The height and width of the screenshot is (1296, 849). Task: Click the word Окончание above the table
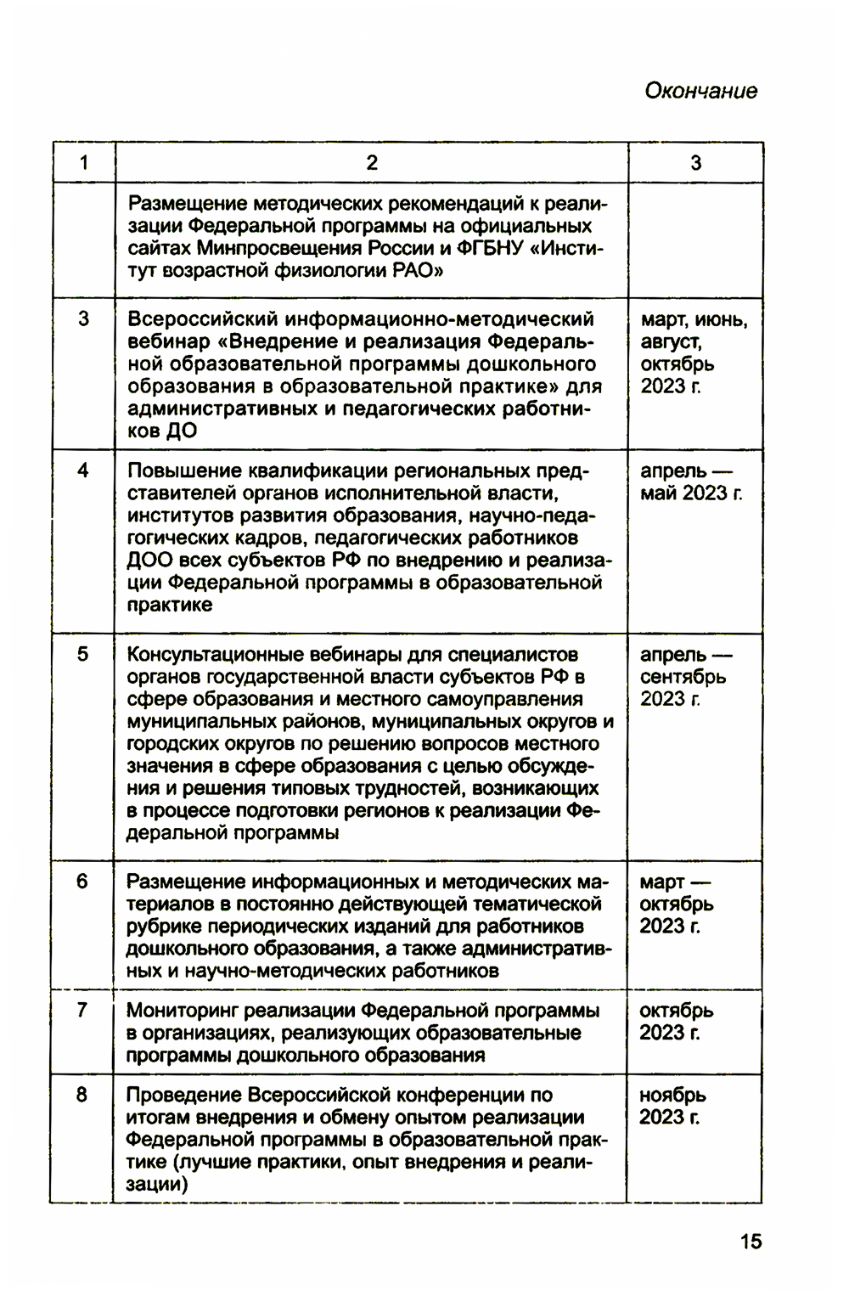coord(700,91)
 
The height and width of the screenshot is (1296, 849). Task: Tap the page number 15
coord(751,1242)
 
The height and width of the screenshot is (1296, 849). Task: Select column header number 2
coord(372,163)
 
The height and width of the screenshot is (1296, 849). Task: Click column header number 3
coord(696,163)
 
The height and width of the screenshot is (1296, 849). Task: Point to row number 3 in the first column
coord(83,319)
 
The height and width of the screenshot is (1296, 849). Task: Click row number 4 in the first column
coord(83,471)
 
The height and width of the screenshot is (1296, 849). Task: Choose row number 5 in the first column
coord(82,655)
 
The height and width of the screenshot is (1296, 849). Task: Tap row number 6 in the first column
coord(82,882)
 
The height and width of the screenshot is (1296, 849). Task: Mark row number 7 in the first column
coord(82,1011)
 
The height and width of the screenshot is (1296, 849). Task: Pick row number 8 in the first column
coord(82,1095)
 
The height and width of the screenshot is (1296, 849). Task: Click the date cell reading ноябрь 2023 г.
coord(672,1107)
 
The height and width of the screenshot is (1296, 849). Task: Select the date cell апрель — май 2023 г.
coord(690,482)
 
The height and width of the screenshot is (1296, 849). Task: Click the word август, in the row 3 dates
coord(672,342)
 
